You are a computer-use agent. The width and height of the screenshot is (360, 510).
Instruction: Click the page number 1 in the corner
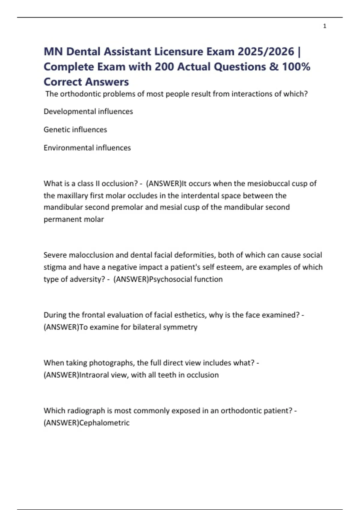(x=325, y=26)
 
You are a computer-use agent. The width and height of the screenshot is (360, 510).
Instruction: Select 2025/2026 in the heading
(x=266, y=52)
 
